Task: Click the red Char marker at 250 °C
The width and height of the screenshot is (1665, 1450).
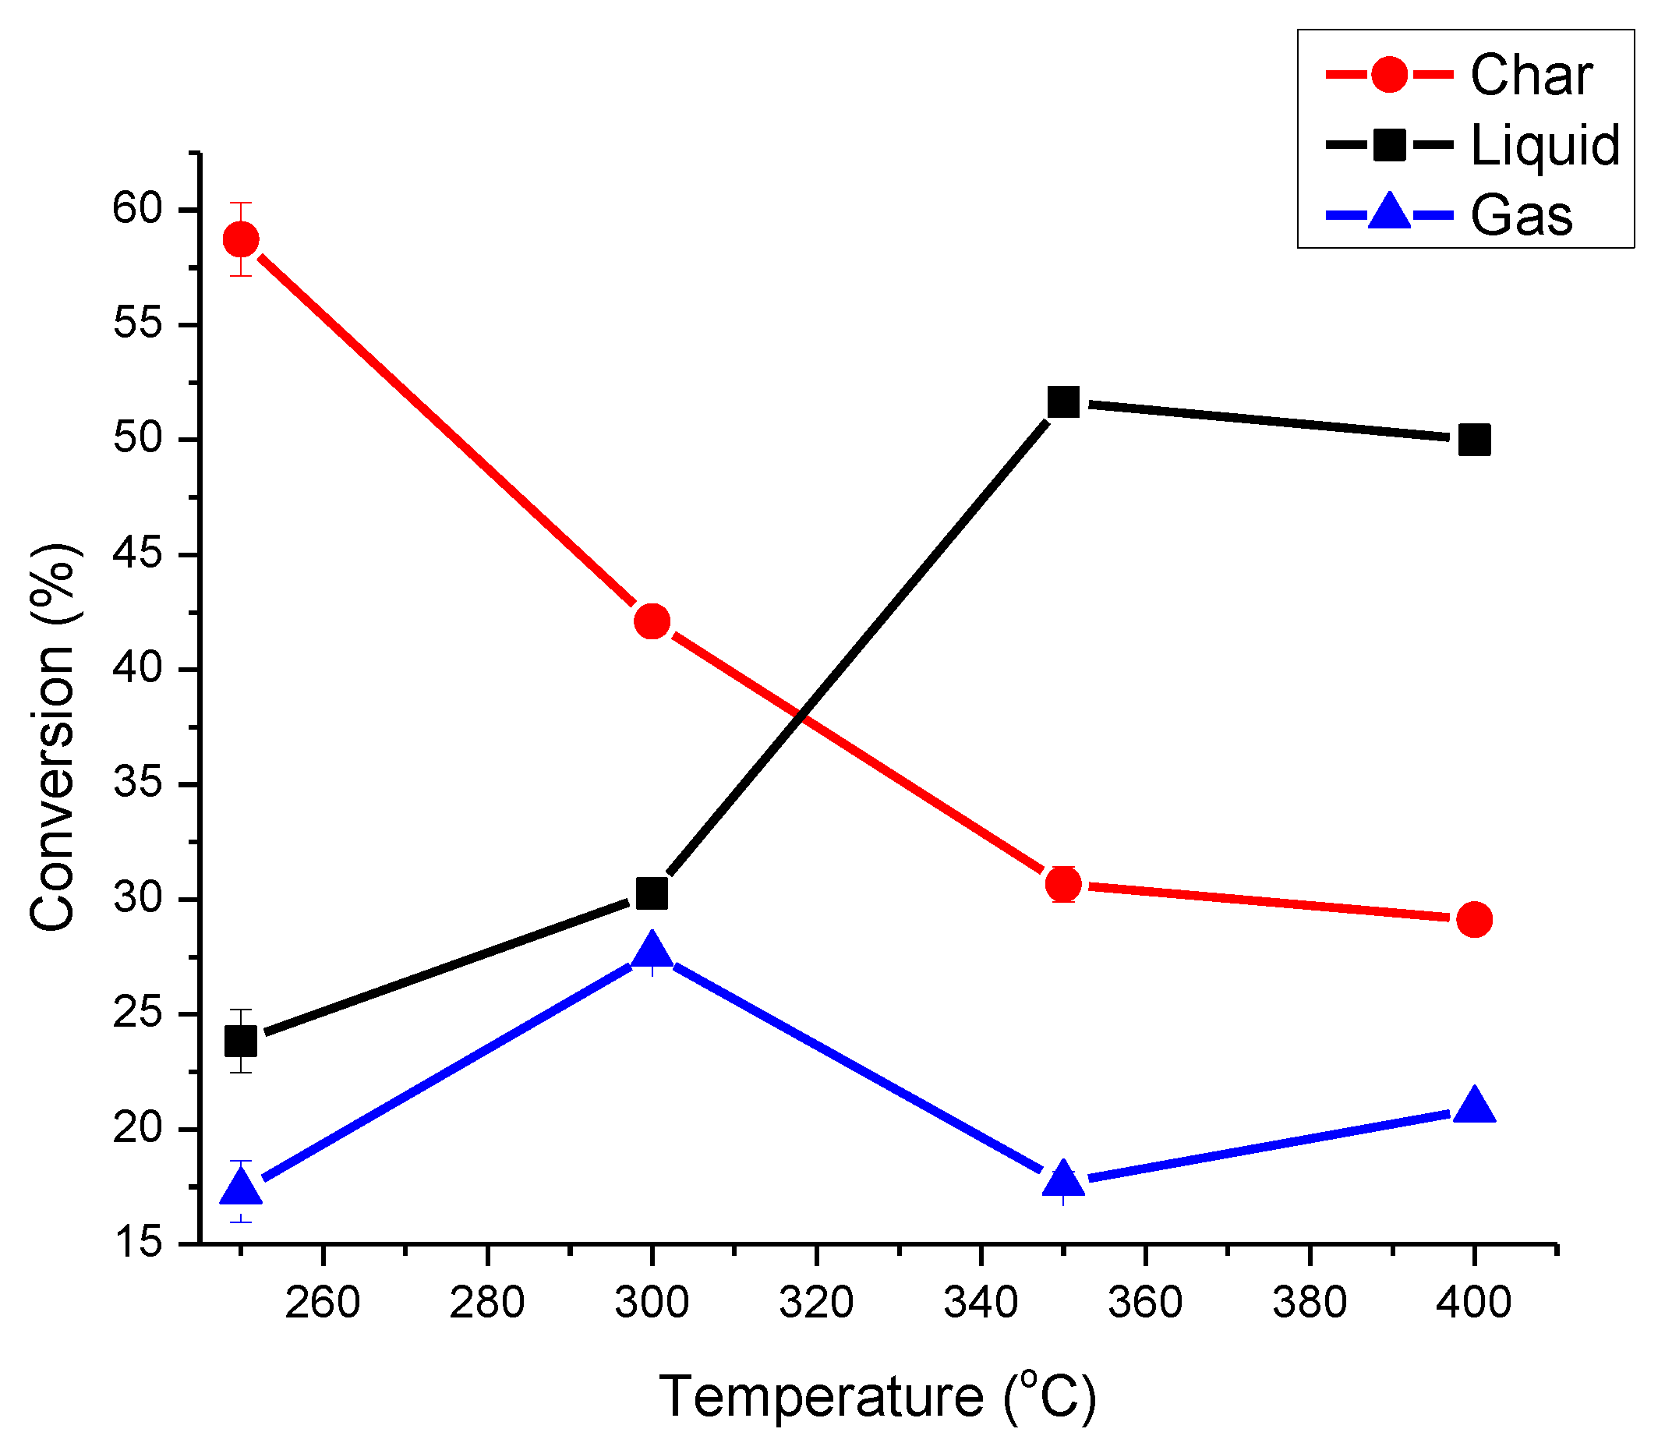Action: [x=241, y=239]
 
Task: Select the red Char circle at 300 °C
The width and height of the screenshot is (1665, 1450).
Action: [x=652, y=621]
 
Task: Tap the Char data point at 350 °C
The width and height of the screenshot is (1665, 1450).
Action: [x=1063, y=884]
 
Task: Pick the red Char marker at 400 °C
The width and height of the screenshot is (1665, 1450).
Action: [x=1474, y=919]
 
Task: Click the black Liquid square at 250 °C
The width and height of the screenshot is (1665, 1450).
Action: [x=241, y=1041]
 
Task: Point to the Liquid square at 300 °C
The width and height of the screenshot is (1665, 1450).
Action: [x=652, y=893]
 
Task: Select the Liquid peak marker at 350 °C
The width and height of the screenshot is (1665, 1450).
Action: [x=1063, y=401]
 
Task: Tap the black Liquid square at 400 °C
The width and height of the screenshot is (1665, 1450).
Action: [x=1474, y=440]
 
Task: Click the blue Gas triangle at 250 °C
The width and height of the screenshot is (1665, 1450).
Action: [x=241, y=1188]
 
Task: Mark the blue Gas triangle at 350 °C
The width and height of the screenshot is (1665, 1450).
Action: [x=1063, y=1180]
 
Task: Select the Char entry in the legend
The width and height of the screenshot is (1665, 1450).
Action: [x=1531, y=76]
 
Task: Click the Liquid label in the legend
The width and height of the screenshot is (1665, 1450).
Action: [x=1544, y=146]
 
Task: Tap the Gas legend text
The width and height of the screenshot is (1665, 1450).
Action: [x=1521, y=216]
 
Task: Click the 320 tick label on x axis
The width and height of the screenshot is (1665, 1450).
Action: [x=816, y=1303]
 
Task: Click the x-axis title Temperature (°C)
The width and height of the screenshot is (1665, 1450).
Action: [x=878, y=1395]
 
